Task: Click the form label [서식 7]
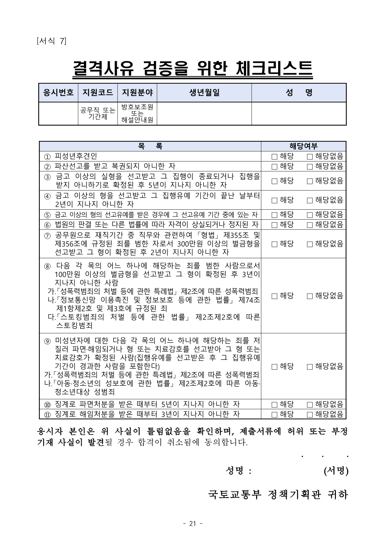[x=51, y=41]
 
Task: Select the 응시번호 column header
[x=58, y=92]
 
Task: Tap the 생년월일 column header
[x=204, y=92]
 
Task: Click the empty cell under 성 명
[x=299, y=114]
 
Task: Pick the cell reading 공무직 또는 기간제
[x=98, y=114]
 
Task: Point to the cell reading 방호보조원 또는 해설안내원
[x=137, y=114]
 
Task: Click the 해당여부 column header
[x=303, y=146]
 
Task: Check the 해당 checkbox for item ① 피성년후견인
[x=274, y=156]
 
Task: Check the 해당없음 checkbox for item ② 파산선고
[x=309, y=166]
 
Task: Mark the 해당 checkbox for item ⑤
[x=274, y=215]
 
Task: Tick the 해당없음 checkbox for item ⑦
[x=309, y=244]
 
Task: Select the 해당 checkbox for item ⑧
[x=274, y=296]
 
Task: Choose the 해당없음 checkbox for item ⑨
[x=309, y=366]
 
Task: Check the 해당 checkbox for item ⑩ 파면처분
[x=274, y=404]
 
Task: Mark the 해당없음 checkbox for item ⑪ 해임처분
[x=309, y=414]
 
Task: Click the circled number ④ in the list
[x=47, y=196]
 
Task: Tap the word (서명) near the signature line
[x=336, y=471]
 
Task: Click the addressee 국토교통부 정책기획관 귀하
[x=278, y=495]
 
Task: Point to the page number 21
[x=193, y=524]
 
